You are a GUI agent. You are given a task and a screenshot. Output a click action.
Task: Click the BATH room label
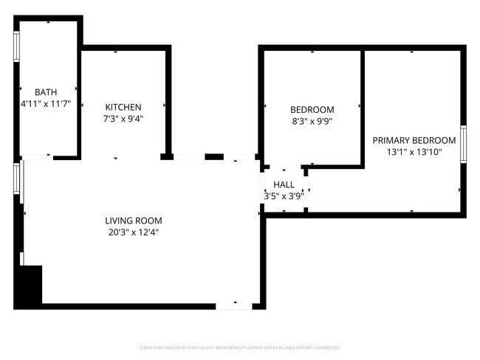pos(46,92)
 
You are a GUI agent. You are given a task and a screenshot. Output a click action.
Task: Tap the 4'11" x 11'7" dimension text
pos(46,105)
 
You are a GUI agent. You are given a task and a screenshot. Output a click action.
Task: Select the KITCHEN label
pos(123,107)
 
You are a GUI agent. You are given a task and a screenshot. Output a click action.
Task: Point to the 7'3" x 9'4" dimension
pos(123,119)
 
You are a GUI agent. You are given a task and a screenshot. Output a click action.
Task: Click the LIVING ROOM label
pos(133,221)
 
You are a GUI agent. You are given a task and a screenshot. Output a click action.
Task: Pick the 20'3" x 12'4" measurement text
pos(133,232)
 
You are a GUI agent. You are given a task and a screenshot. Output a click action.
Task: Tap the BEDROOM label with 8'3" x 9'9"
pos(312,109)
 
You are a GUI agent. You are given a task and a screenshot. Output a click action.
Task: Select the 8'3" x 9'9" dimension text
pos(312,122)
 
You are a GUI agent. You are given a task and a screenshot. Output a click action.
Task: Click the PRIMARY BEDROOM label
pos(414,140)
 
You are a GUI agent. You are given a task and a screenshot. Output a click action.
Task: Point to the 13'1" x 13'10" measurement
pos(414,153)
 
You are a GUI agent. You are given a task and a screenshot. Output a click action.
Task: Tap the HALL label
pos(284,184)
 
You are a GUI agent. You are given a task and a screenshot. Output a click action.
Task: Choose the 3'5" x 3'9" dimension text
pos(284,196)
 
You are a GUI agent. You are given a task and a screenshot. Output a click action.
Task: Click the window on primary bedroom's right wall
pos(463,143)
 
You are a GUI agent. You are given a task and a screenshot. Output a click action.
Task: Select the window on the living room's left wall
pos(16,180)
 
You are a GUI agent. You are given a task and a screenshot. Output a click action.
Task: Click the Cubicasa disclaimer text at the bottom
pos(239,347)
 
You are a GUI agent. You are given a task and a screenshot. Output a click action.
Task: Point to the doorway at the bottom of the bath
pos(37,156)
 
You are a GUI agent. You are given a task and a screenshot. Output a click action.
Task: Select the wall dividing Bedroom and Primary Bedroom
pos(362,107)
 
